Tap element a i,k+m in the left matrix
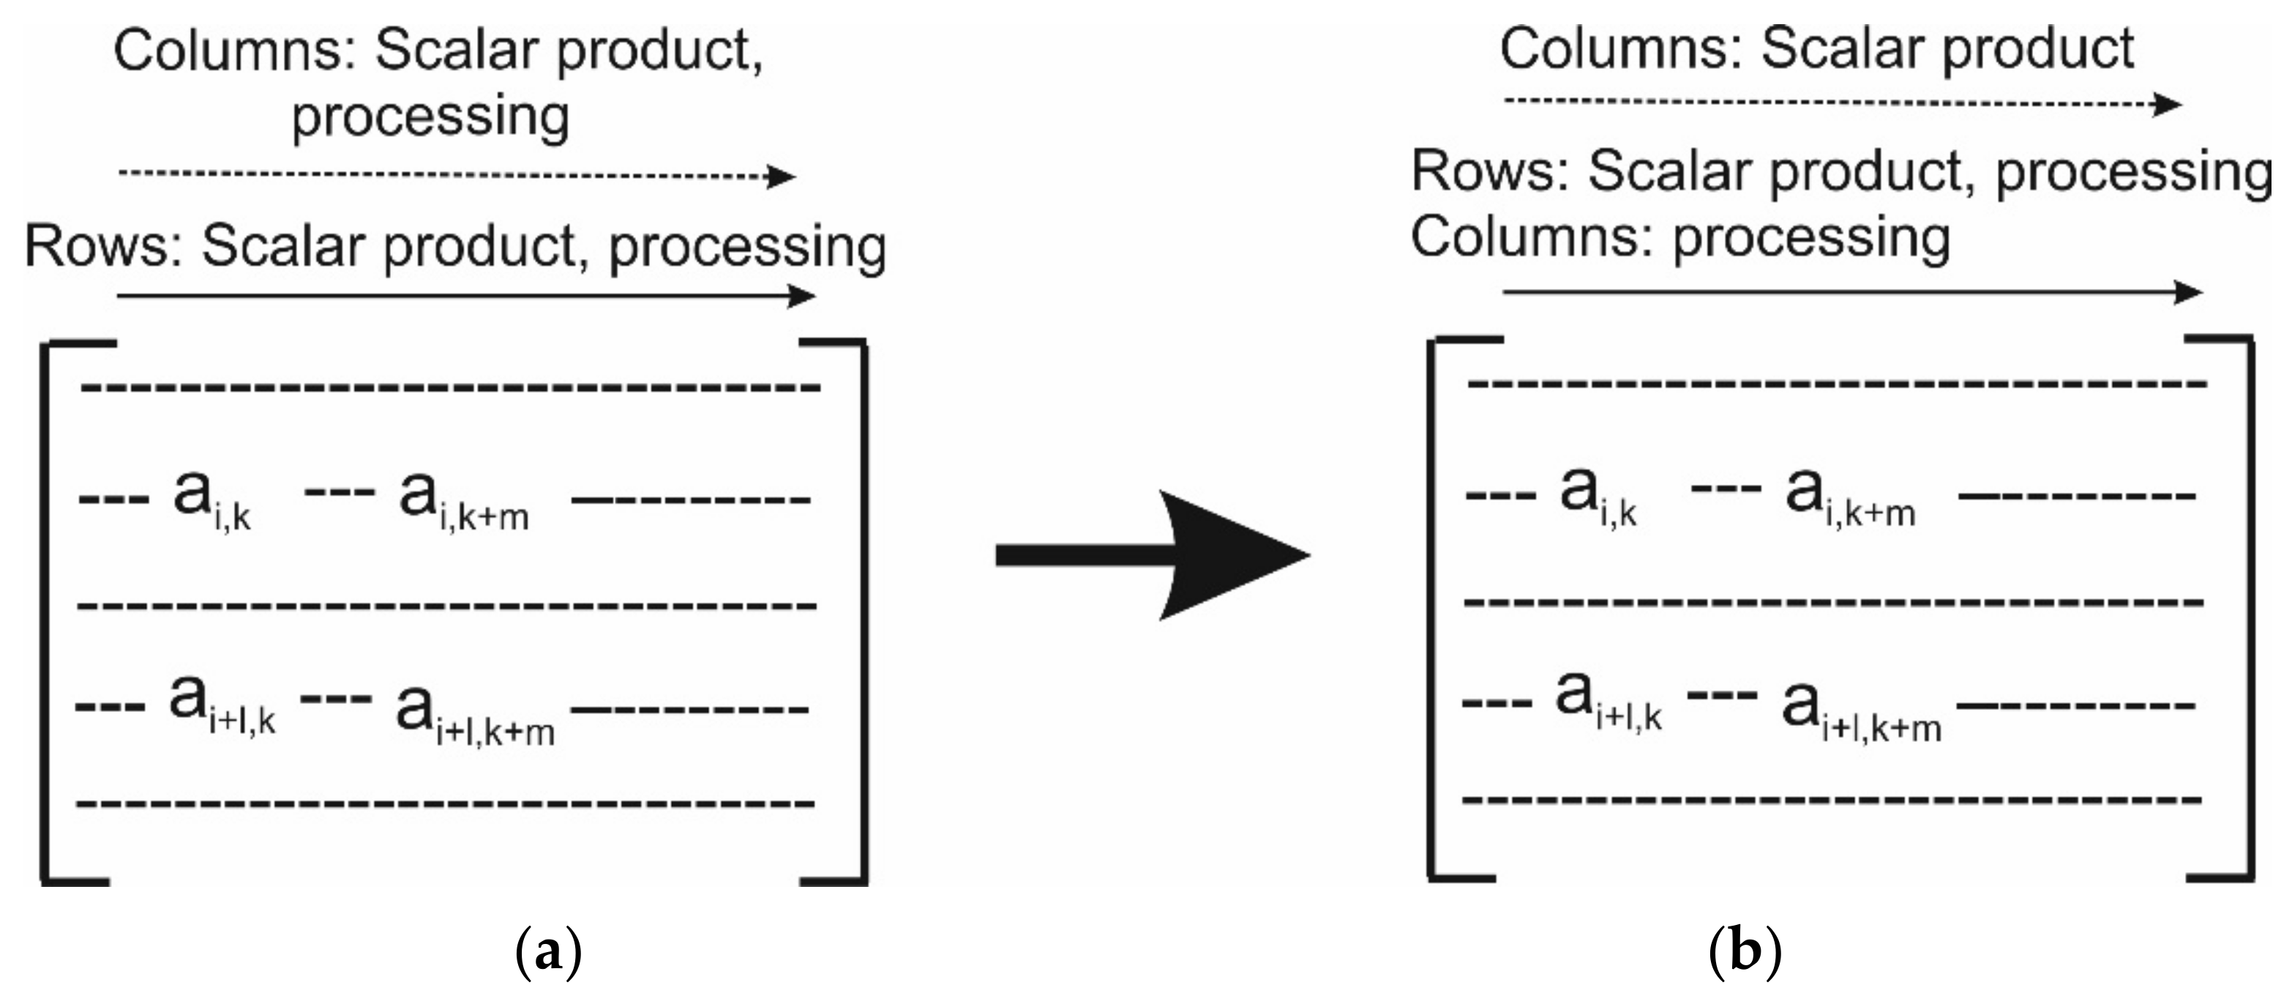(462, 499)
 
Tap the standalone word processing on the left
(430, 116)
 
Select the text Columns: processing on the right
(1680, 239)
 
